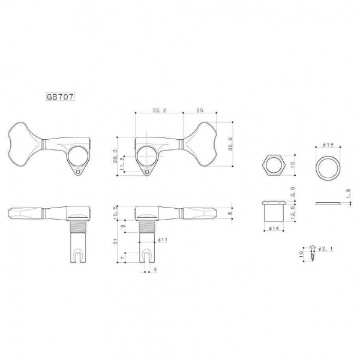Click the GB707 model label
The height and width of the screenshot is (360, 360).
click(x=61, y=97)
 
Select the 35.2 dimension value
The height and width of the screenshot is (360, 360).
click(x=160, y=110)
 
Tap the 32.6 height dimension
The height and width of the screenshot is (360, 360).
click(x=230, y=144)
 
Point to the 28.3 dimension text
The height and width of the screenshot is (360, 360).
click(x=115, y=157)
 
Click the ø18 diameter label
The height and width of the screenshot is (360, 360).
click(x=328, y=145)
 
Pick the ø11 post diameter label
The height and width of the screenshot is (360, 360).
click(x=163, y=240)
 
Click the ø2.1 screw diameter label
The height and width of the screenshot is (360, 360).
click(x=325, y=248)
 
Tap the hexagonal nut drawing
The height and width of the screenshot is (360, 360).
click(x=274, y=166)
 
